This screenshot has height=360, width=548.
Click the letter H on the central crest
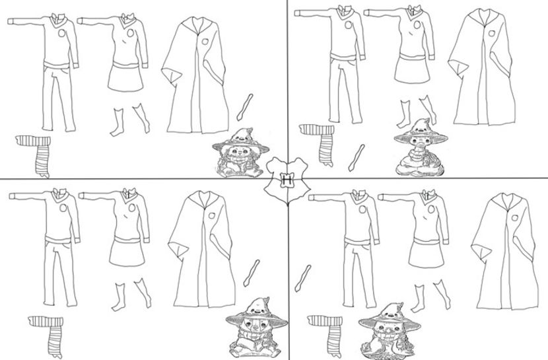point(288,180)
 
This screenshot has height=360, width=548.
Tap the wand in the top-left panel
point(245,107)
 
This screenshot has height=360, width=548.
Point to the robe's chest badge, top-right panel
point(491,34)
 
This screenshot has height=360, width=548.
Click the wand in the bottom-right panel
point(302,279)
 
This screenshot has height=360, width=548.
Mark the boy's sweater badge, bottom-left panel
point(63,208)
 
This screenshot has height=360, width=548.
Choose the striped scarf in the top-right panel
point(320,143)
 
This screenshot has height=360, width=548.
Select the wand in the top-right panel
point(357,158)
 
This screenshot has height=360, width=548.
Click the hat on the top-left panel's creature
point(240,140)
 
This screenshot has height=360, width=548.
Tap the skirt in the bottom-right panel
point(426,253)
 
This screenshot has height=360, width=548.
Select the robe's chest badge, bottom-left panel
point(212,215)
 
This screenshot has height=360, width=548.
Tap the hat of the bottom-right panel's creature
point(390,317)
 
